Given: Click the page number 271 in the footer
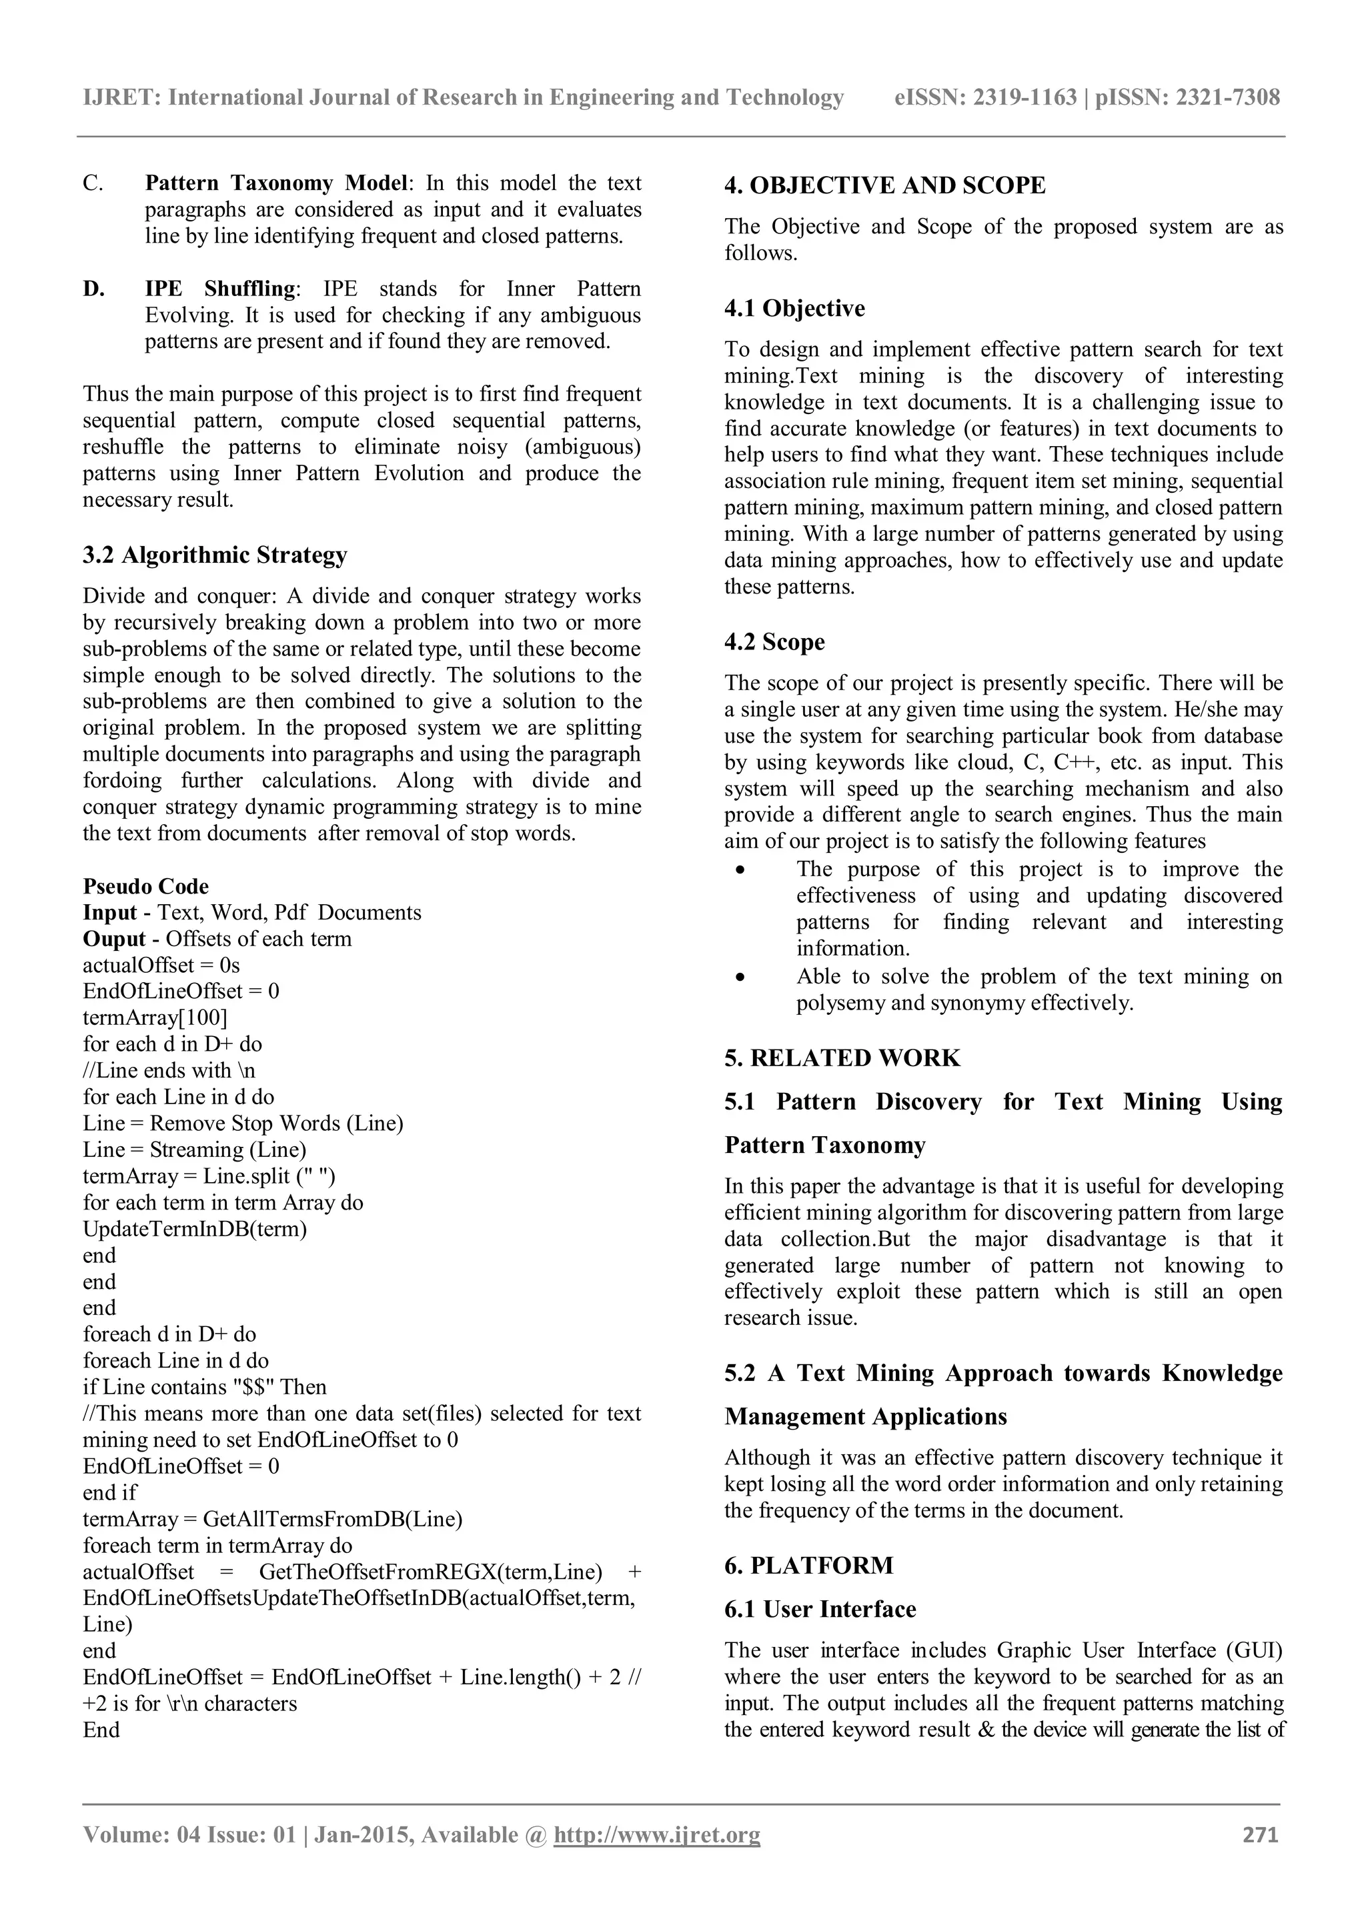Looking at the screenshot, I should [1260, 1834].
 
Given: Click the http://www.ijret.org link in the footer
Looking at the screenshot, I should [656, 1834].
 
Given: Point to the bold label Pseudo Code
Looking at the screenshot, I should [145, 885].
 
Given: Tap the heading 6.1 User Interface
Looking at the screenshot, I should [820, 1609].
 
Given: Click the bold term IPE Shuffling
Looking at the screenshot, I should [219, 289].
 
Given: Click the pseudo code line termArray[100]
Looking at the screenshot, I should [155, 1018].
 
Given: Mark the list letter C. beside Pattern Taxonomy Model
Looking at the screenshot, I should [93, 183].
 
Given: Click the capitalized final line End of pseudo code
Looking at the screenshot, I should [101, 1730].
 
